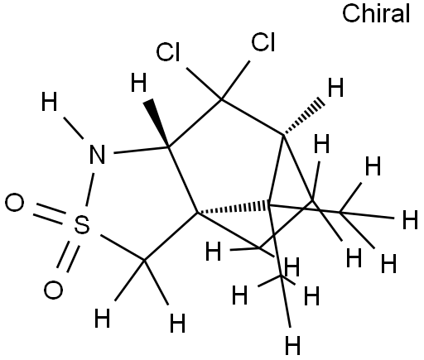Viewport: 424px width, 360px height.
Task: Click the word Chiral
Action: point(376,13)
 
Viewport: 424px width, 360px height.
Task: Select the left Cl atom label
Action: point(168,52)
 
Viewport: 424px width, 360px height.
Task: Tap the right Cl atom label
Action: point(263,42)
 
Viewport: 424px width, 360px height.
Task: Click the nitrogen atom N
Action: point(97,154)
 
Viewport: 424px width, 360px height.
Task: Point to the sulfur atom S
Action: point(82,224)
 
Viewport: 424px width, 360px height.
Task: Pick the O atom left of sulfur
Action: point(14,203)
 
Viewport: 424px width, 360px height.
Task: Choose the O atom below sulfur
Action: point(53,290)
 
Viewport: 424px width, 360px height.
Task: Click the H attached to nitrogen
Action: point(49,102)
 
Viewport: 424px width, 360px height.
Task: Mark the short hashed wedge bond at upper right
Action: point(303,117)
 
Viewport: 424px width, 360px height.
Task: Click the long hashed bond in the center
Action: point(233,208)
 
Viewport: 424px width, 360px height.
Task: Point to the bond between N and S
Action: point(90,190)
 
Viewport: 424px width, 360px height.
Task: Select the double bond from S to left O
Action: point(50,214)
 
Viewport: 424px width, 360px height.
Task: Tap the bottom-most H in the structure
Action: point(292,345)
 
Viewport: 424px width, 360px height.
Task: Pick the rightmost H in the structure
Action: point(410,219)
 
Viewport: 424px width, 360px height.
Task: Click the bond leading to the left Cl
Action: point(204,84)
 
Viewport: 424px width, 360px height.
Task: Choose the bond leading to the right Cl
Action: point(235,80)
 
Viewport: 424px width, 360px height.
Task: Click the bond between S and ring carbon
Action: point(123,247)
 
